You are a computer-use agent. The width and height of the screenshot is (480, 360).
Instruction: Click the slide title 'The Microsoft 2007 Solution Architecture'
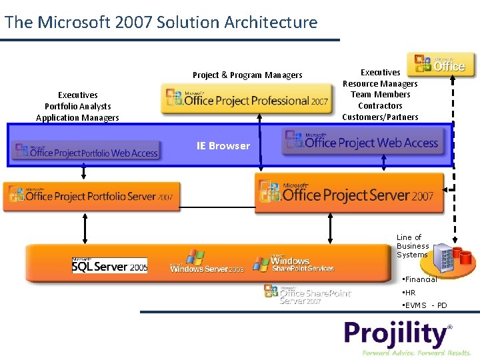pos(161,22)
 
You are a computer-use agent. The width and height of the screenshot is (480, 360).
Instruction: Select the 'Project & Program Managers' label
pos(247,75)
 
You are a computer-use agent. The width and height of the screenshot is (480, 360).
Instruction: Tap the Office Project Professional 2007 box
pos(247,99)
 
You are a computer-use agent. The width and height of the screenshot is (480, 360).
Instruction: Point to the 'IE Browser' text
pos(223,146)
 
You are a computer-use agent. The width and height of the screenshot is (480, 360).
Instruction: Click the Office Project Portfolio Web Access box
pos(85,151)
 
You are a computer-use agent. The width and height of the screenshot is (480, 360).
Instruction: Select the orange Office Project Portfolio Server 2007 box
pos(91,196)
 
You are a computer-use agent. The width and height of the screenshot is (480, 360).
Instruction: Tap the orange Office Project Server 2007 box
pos(349,193)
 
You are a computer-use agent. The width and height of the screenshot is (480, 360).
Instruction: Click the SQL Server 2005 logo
pos(109,265)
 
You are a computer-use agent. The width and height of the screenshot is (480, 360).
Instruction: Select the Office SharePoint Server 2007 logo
pos(307,294)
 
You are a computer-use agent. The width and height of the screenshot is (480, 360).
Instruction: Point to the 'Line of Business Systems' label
pos(413,246)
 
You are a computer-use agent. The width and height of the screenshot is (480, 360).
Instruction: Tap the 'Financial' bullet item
pos(419,279)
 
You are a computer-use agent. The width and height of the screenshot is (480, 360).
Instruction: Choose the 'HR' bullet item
pos(409,293)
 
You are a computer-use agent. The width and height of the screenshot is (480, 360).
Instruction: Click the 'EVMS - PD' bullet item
pos(425,305)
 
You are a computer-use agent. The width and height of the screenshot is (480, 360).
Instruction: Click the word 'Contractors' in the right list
pos(380,106)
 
